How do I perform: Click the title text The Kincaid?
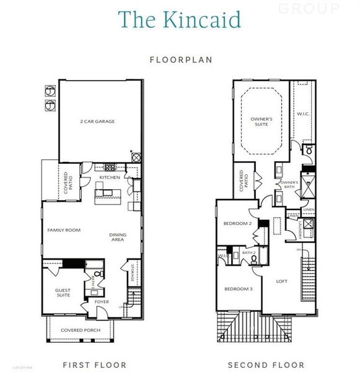tap(179, 19)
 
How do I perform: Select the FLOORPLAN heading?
tap(180, 60)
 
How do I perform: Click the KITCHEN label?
tap(109, 178)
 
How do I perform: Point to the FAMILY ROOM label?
tap(64, 230)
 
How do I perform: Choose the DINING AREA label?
tap(118, 237)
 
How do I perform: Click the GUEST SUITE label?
tap(63, 293)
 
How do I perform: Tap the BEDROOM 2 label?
tap(237, 223)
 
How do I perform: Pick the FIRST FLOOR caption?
tap(95, 365)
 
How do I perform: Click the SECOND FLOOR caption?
tap(266, 365)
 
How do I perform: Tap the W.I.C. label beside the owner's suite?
tap(302, 113)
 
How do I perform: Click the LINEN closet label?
tap(309, 210)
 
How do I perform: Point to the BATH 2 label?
tap(249, 252)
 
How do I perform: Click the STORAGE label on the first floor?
tap(131, 272)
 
